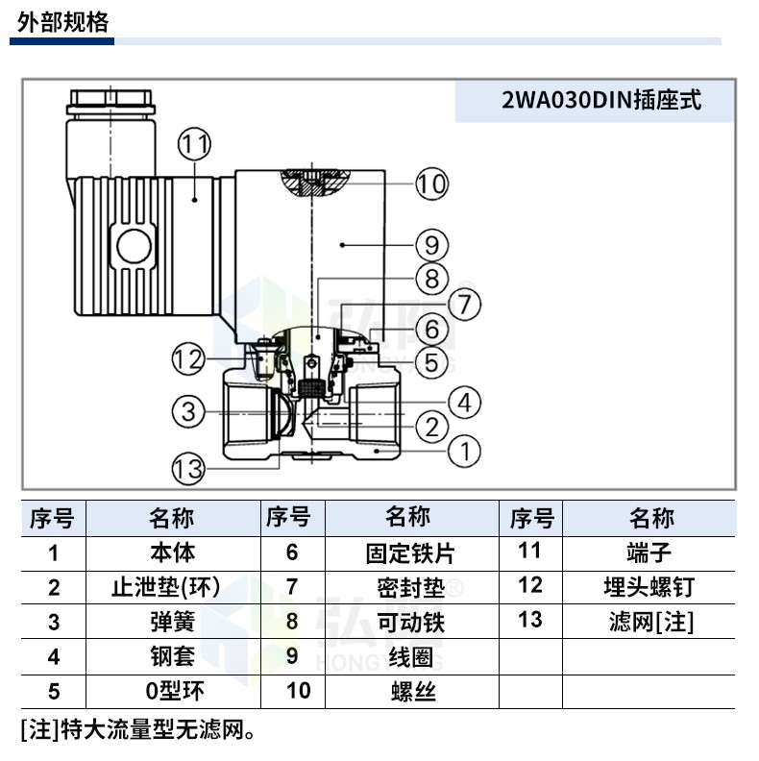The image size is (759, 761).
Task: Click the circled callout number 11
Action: [195, 144]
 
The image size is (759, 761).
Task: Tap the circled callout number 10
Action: [432, 184]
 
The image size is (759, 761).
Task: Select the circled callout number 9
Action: [432, 245]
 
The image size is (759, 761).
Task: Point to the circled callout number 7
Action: [464, 305]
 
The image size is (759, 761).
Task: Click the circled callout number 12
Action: [188, 359]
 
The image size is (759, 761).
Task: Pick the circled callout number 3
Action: [188, 411]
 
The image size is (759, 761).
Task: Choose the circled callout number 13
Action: [188, 469]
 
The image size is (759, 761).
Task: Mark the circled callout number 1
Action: [464, 451]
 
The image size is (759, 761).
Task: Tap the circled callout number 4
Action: [464, 403]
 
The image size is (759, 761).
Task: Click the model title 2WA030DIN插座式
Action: [601, 101]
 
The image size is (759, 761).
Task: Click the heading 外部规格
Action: [62, 22]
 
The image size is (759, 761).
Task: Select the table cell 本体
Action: [173, 552]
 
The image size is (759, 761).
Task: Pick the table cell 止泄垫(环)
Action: [166, 587]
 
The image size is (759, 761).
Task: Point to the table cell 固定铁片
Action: [410, 553]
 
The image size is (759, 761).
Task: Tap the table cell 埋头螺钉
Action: [649, 587]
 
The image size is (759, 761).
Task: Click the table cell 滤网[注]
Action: [651, 622]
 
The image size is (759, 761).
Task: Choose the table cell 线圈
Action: [411, 657]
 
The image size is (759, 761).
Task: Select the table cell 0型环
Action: [175, 691]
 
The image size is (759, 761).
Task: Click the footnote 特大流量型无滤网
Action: [153, 730]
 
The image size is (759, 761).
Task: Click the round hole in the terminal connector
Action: [134, 246]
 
